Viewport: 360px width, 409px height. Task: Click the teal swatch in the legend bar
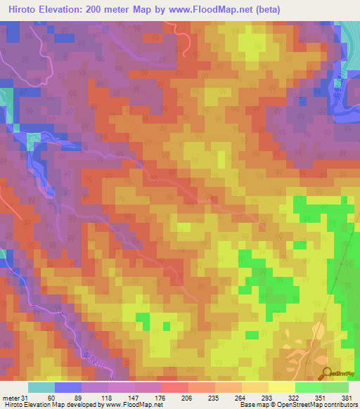point(41,387)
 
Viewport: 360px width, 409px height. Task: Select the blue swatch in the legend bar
point(67,387)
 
